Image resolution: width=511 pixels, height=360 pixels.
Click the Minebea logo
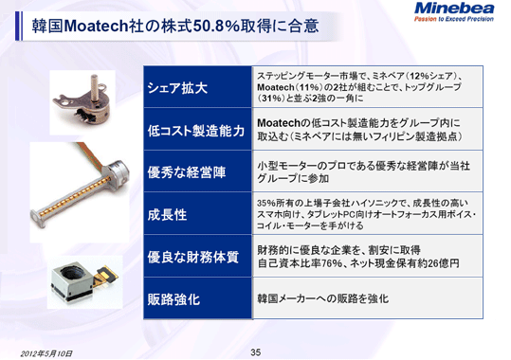454,11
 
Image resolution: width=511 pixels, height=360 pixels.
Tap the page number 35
255,352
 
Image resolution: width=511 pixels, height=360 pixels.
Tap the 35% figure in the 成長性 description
267,202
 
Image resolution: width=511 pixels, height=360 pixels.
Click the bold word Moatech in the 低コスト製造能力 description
284,123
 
